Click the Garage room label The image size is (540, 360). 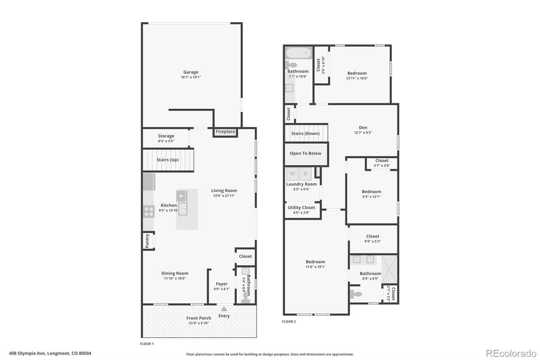pos(191,72)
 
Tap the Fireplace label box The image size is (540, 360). pos(225,132)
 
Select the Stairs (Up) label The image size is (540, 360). pos(167,160)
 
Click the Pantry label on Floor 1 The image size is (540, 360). pos(147,241)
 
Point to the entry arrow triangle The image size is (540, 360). pos(224,309)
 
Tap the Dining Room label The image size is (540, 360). pos(175,273)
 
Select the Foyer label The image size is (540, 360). pos(221,284)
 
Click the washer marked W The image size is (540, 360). pos(292,174)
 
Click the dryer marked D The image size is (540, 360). pos(305,174)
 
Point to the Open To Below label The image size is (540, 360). pos(306,153)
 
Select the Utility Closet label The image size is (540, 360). pos(301,207)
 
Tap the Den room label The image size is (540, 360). pos(363,128)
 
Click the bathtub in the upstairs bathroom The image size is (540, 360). pos(299,53)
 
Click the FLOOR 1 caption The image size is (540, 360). pos(147,344)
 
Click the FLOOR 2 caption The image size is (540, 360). pos(288,322)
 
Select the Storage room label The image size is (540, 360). pos(166,136)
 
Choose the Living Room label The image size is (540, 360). pos(224,190)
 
